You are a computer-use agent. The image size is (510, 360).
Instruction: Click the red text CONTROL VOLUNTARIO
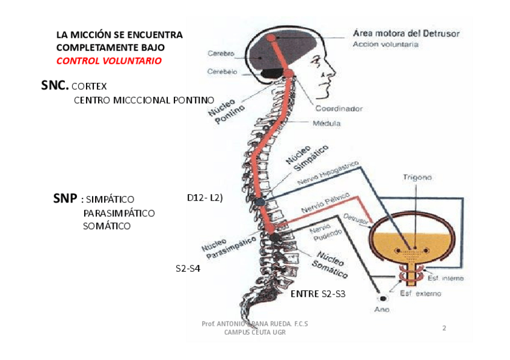[x=109, y=61]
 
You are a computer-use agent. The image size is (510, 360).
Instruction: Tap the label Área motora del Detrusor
[x=406, y=34]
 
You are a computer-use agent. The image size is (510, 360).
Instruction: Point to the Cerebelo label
[x=222, y=72]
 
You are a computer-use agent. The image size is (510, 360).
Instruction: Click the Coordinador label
[x=339, y=109]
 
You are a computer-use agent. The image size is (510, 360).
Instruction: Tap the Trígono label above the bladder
[x=417, y=177]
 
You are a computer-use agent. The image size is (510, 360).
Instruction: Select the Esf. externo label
[x=420, y=294]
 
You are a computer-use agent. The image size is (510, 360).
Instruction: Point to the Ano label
[x=381, y=310]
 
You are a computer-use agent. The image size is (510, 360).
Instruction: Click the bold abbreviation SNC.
[x=55, y=86]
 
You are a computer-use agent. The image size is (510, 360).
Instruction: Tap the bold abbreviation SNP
[x=66, y=199]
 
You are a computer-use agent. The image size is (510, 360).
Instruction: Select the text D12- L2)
[x=205, y=198]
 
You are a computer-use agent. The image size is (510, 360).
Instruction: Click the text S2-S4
[x=188, y=269]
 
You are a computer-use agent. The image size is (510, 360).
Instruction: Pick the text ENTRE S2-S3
[x=318, y=294]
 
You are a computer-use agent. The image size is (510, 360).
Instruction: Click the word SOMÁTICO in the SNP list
[x=107, y=226]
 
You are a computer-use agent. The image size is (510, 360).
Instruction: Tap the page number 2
[x=444, y=328]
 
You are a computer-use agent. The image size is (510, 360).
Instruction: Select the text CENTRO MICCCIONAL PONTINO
[x=144, y=100]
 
